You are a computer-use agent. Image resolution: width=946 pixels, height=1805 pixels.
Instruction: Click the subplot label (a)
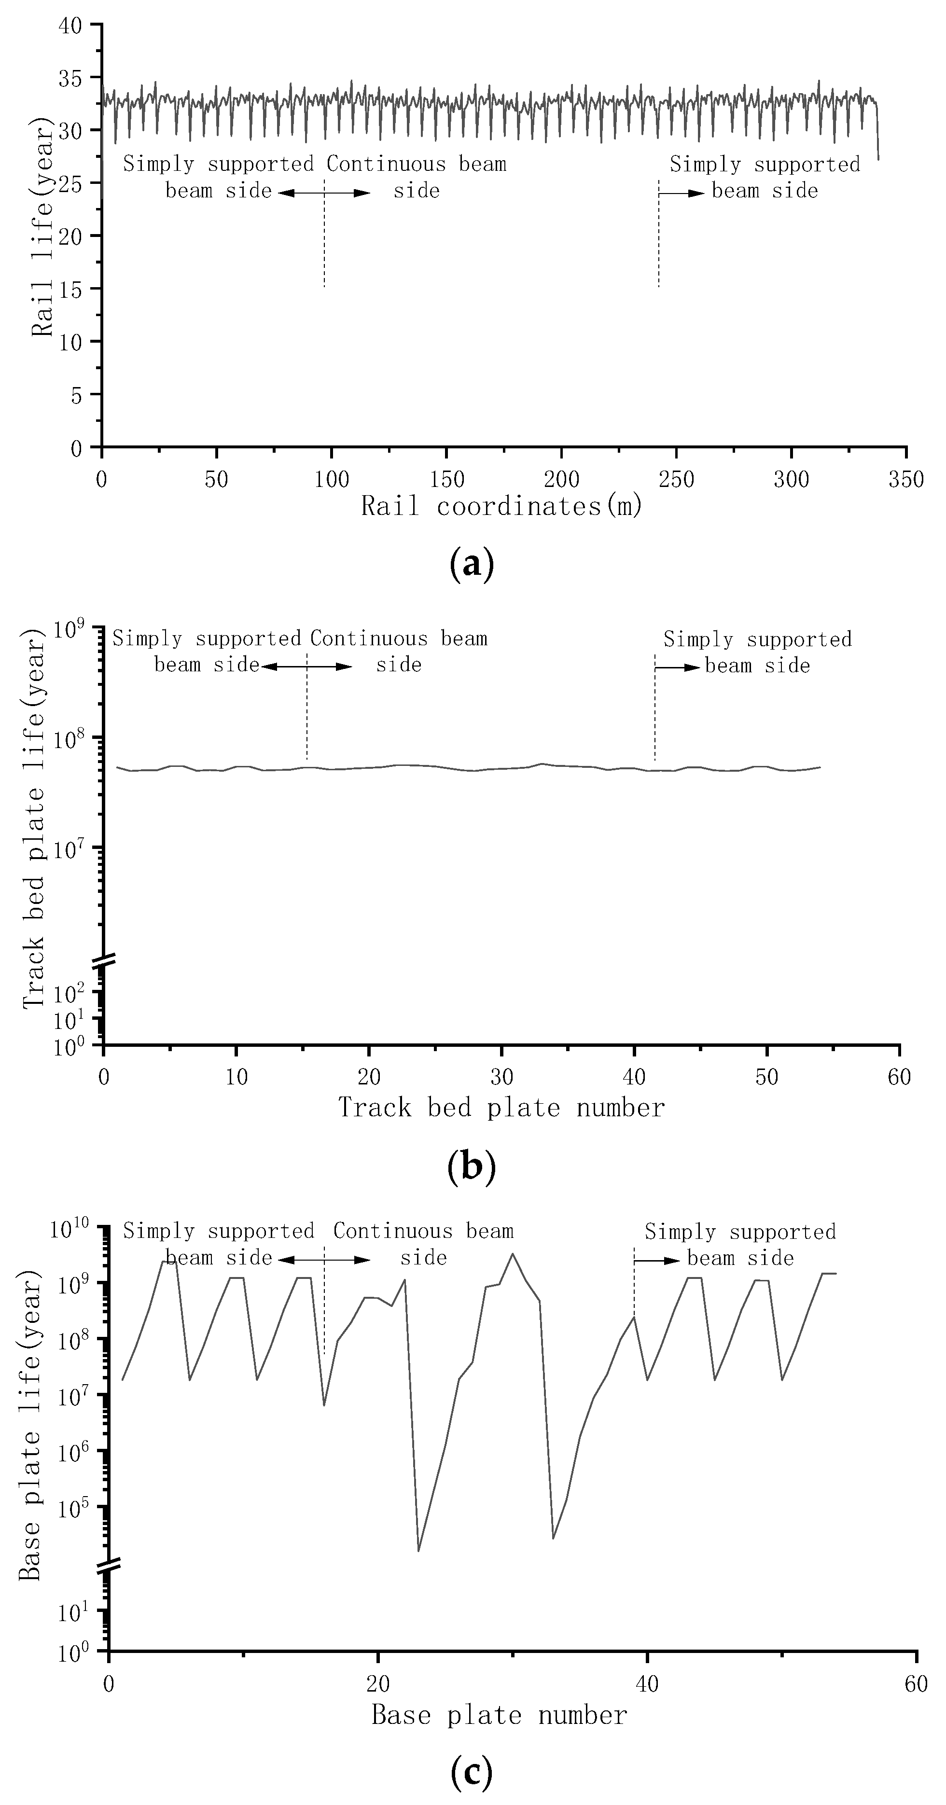472,564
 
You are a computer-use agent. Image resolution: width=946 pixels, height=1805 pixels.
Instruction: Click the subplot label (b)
472,1166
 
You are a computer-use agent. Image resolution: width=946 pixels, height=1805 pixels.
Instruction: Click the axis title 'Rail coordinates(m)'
502,506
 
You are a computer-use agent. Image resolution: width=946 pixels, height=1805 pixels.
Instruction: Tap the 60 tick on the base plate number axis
916,1682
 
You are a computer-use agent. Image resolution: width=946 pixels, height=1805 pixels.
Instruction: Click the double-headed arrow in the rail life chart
324,193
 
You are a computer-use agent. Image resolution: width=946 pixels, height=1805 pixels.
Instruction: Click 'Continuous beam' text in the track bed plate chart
398,639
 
